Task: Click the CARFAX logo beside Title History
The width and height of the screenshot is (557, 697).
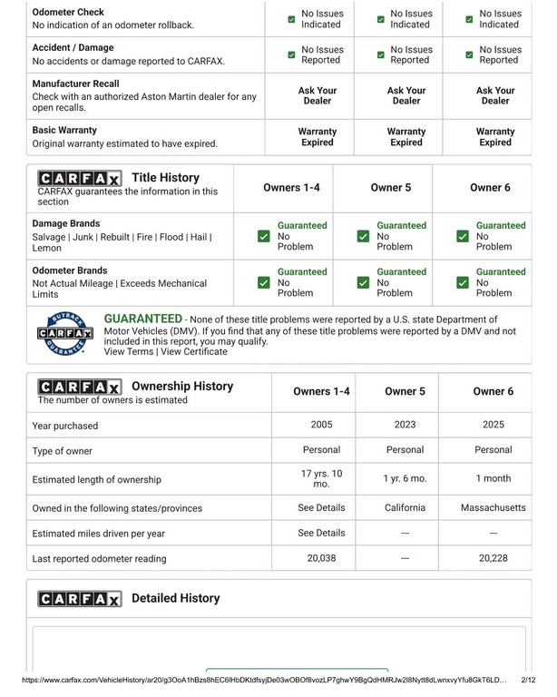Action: (x=79, y=179)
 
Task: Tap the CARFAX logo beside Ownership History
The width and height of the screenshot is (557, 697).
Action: (x=79, y=388)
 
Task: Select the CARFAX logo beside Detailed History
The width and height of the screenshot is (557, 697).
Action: (x=79, y=599)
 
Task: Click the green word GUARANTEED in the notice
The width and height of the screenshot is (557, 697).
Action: (x=142, y=319)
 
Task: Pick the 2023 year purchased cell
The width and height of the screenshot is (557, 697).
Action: (x=405, y=424)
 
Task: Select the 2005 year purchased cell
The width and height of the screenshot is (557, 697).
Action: (x=321, y=424)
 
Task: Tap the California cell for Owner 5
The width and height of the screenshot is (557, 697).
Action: (x=405, y=507)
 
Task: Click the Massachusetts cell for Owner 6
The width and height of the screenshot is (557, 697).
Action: (x=493, y=507)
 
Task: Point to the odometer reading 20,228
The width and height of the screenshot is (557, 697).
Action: (x=493, y=558)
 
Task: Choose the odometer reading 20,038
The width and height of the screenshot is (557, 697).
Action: (x=321, y=558)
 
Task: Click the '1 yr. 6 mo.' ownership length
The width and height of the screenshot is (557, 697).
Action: (x=405, y=478)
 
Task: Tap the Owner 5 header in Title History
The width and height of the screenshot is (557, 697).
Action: (x=391, y=188)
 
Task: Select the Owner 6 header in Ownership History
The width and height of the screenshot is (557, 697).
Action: (x=493, y=391)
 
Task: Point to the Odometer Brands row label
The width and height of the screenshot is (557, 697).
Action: (x=70, y=270)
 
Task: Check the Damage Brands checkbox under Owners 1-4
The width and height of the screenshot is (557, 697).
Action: (x=263, y=236)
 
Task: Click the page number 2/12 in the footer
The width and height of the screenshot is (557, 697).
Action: (x=529, y=679)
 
